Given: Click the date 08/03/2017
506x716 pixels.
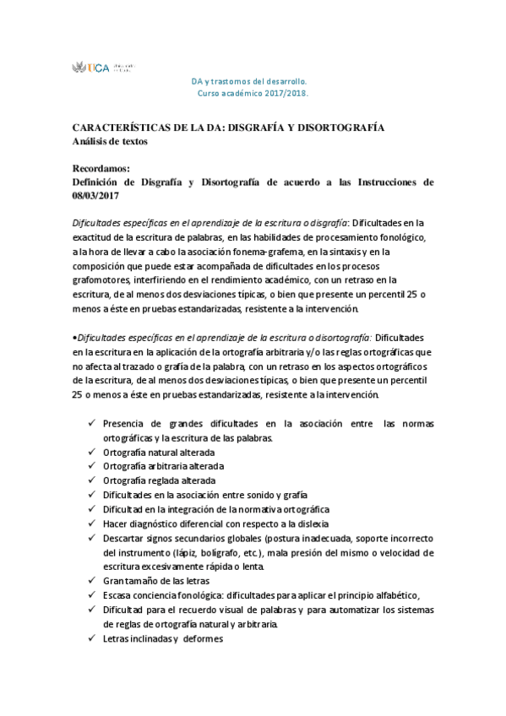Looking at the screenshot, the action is [95, 195].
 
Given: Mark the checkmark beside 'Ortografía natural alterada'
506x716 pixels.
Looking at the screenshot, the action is [90, 452].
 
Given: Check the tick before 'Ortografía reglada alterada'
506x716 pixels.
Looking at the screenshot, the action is [90, 480].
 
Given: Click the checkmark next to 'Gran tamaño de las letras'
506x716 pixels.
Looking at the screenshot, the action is [90, 581].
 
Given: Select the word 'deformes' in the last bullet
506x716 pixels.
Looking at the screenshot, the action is [202, 638].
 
